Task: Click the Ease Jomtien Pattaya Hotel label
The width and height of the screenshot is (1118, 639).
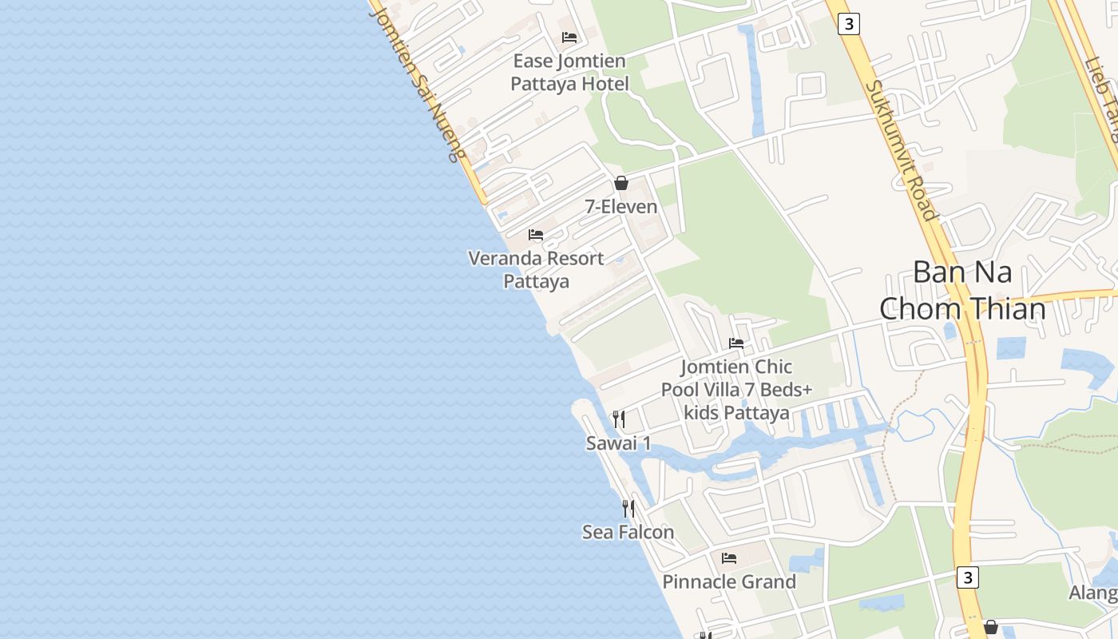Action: [569, 72]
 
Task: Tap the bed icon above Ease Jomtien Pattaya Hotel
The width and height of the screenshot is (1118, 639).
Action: [569, 37]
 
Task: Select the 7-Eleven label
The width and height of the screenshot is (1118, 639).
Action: [621, 207]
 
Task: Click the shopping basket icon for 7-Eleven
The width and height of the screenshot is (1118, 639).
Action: [621, 183]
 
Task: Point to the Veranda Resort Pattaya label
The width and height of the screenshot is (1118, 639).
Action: [536, 269]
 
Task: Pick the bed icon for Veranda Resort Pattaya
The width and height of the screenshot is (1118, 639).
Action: [536, 235]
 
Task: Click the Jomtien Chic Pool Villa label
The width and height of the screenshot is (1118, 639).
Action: [736, 390]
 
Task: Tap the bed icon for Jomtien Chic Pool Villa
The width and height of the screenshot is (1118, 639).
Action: [736, 343]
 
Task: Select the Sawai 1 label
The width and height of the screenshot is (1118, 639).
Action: [618, 443]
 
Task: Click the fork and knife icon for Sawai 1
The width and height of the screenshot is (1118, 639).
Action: [618, 419]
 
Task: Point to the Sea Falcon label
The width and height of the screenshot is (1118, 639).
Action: [628, 532]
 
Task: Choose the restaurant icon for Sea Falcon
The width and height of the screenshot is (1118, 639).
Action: [628, 508]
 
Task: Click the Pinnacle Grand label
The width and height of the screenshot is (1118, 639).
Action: [729, 581]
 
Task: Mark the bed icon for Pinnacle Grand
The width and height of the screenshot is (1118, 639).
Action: [729, 558]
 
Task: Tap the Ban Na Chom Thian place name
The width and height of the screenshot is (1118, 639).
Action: [962, 290]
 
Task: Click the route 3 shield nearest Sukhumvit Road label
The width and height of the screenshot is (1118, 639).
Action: [849, 25]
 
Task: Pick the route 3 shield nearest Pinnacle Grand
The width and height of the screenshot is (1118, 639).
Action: [968, 577]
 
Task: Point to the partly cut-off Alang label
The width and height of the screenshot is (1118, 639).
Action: [1094, 593]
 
